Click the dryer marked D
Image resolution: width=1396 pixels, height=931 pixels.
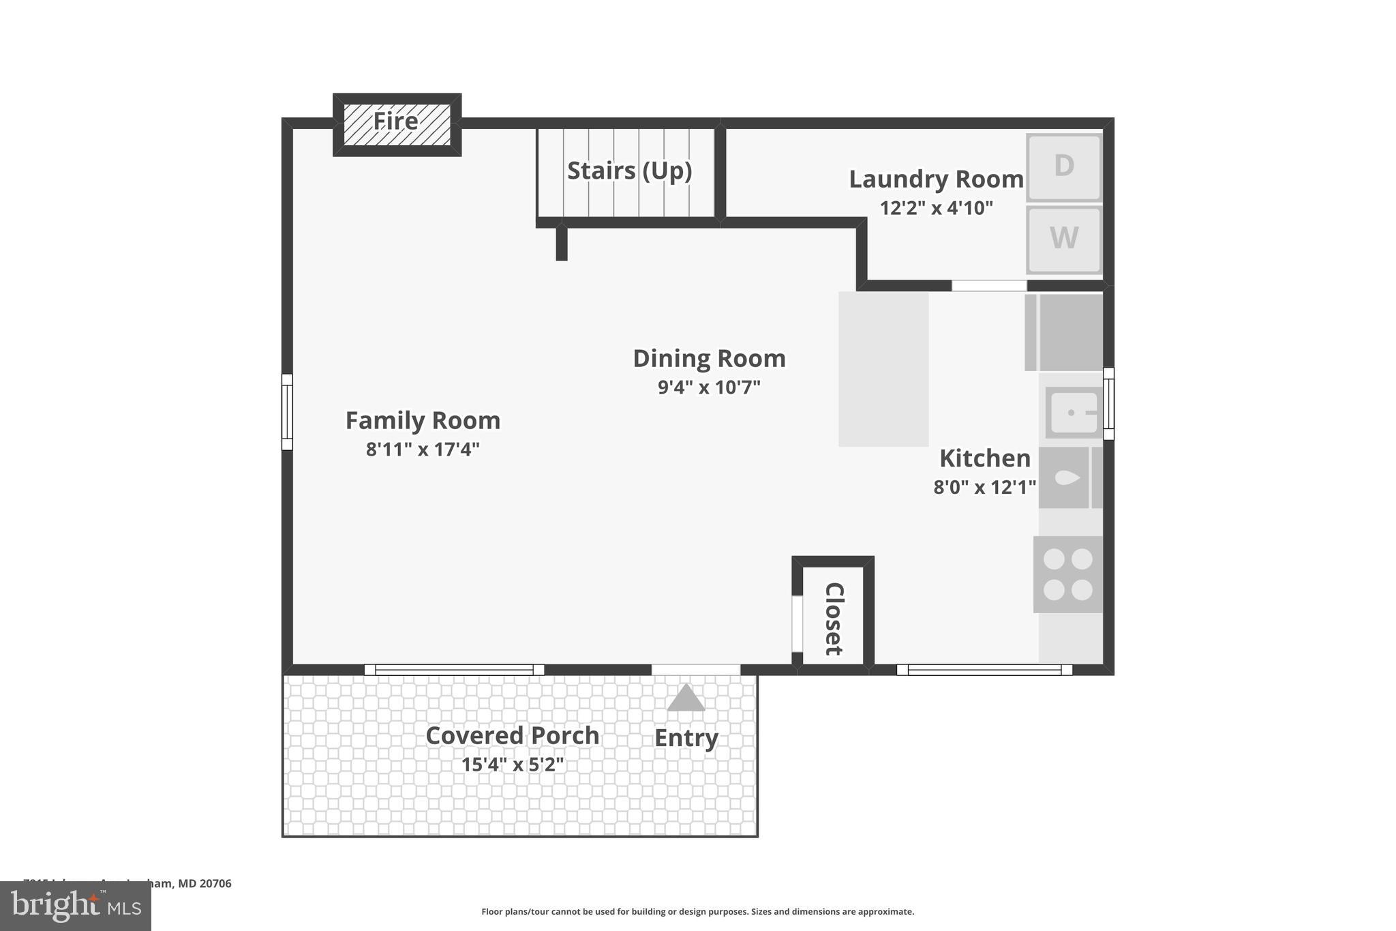tap(1063, 167)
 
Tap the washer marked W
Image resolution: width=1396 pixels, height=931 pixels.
tap(1063, 239)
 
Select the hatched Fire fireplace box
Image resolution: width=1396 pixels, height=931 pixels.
tap(397, 124)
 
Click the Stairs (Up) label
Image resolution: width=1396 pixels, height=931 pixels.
tap(629, 171)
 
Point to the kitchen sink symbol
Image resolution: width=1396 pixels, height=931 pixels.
tap(1074, 413)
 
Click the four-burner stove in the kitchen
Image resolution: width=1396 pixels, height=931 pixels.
tap(1067, 574)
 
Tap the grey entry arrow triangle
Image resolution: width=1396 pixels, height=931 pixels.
tap(686, 698)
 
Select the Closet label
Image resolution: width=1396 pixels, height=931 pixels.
tap(834, 619)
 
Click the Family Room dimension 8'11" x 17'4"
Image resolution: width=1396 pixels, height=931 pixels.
tap(423, 449)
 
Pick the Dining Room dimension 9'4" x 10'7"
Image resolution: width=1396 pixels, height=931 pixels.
tap(709, 387)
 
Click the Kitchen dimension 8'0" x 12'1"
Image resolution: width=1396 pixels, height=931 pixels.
tap(984, 487)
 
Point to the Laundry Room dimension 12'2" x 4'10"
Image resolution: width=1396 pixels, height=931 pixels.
tap(936, 208)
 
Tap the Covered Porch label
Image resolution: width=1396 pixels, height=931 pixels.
tap(512, 735)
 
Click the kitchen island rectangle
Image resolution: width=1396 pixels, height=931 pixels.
tap(883, 369)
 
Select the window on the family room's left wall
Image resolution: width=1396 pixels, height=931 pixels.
tap(287, 412)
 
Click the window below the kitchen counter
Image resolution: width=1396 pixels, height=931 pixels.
tap(984, 670)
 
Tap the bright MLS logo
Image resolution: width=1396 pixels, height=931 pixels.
tap(76, 906)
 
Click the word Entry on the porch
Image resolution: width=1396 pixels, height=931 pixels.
tap(686, 738)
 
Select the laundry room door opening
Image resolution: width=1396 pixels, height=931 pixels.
tap(989, 286)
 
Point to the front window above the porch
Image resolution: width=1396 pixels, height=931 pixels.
tap(454, 670)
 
